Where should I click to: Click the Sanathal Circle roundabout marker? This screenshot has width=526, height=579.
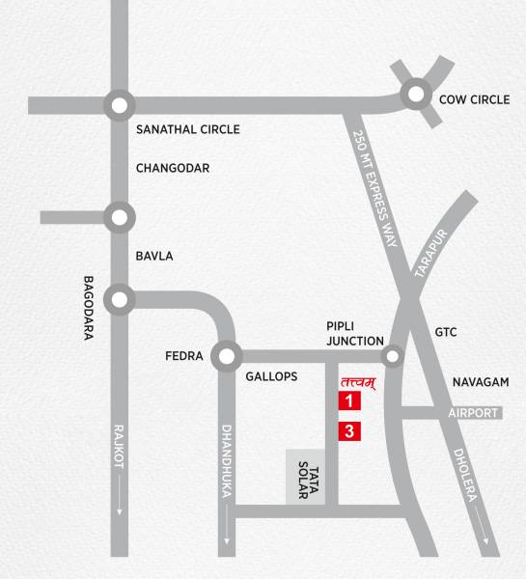[119, 104]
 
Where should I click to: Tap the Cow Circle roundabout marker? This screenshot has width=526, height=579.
[417, 94]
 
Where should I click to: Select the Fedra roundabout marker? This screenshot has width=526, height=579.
[227, 356]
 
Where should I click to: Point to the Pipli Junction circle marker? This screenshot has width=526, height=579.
[392, 357]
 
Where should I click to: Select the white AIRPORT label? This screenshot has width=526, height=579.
[474, 413]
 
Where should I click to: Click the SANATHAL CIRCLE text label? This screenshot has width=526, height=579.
[187, 129]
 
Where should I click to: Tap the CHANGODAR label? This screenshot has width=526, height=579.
[173, 168]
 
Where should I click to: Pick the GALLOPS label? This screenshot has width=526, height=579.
[271, 376]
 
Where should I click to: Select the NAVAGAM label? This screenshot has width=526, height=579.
[481, 382]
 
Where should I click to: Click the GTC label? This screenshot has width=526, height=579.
[446, 332]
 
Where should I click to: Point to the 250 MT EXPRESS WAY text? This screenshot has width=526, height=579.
[375, 189]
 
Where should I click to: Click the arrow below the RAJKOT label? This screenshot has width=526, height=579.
[119, 507]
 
